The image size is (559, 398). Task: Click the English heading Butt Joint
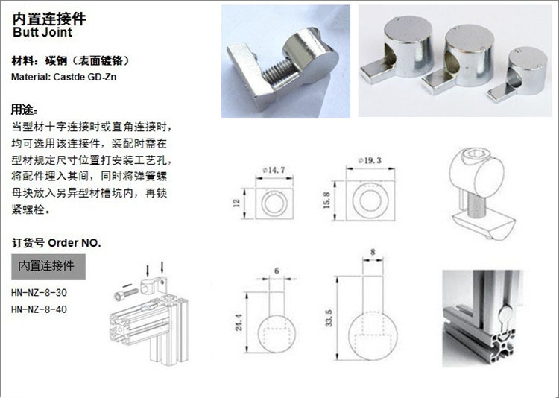click(x=42, y=32)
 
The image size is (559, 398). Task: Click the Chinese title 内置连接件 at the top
click(x=49, y=19)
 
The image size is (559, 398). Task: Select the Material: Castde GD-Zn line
click(x=64, y=77)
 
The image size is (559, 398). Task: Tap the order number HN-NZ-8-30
click(x=39, y=293)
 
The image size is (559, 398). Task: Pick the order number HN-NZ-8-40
click(x=39, y=309)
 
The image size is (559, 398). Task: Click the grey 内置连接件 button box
click(x=48, y=267)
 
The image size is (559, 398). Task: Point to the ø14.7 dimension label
click(x=274, y=170)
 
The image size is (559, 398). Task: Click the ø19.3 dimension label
click(x=370, y=160)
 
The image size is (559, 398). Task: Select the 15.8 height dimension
click(x=326, y=200)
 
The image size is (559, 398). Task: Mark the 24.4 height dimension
click(x=239, y=322)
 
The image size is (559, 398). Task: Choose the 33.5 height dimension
click(x=329, y=318)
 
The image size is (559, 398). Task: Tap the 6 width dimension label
click(x=277, y=271)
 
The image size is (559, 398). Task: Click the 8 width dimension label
click(x=373, y=252)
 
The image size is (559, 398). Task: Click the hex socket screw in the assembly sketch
click(x=126, y=294)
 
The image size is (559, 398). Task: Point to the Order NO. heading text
click(x=75, y=243)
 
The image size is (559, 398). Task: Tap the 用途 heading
click(x=25, y=110)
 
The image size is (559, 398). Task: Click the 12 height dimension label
click(x=236, y=203)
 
